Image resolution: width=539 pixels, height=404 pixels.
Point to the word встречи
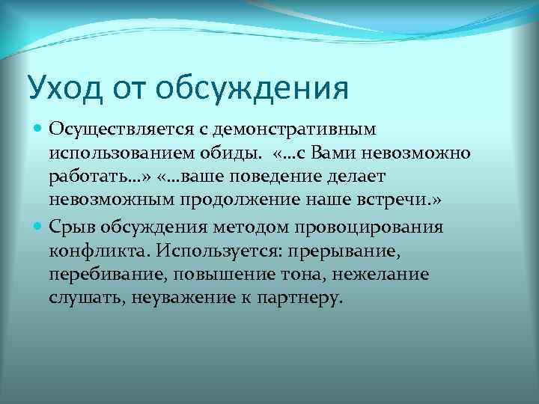(405, 202)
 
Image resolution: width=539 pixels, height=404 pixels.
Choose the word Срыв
(70, 227)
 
